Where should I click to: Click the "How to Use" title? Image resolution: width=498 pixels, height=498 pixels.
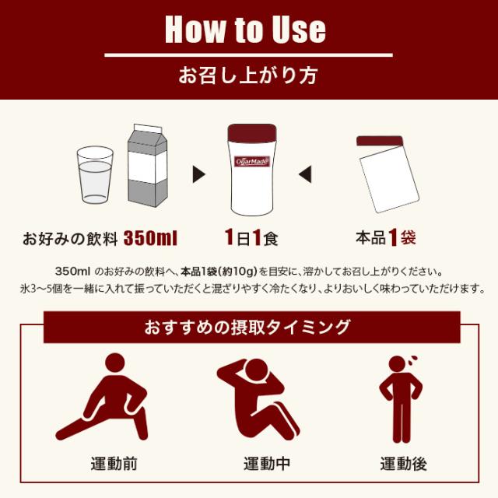pyautogui.click(x=245, y=29)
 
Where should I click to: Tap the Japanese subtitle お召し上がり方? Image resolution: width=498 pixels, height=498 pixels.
pyautogui.click(x=248, y=77)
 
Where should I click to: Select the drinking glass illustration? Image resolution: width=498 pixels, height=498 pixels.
pyautogui.click(x=95, y=176)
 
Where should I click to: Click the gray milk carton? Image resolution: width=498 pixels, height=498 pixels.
pyautogui.click(x=146, y=166)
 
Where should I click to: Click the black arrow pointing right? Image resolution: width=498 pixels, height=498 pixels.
pyautogui.click(x=198, y=171)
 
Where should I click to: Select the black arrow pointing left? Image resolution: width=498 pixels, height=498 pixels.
pyautogui.click(x=306, y=171)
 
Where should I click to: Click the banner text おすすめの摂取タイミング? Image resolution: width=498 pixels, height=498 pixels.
pyautogui.click(x=247, y=327)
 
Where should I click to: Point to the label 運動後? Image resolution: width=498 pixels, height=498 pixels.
pyautogui.click(x=403, y=465)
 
